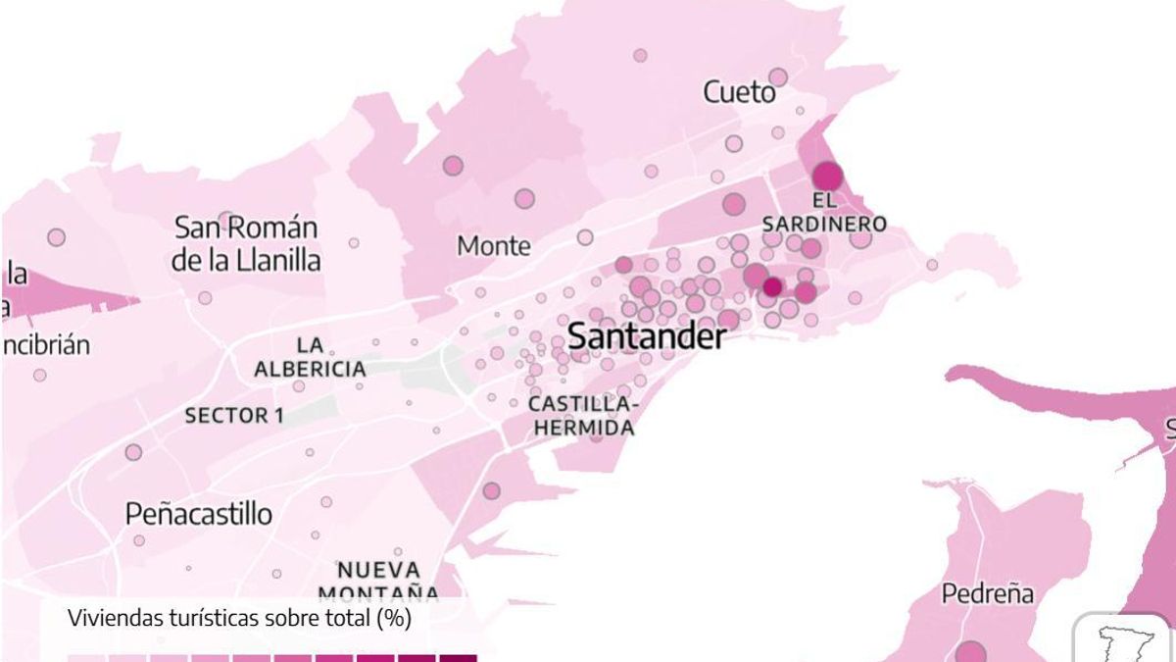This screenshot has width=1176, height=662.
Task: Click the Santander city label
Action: click(647, 336)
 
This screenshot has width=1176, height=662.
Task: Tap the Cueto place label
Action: click(739, 92)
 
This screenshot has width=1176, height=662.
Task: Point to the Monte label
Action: click(494, 245)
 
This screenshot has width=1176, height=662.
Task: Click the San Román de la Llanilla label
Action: click(246, 244)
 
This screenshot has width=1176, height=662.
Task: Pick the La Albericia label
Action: click(310, 357)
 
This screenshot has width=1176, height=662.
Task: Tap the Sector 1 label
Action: click(234, 416)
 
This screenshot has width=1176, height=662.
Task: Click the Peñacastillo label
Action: click(199, 513)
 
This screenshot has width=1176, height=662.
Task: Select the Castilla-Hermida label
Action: click(582, 416)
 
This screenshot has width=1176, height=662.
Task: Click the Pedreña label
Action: click(987, 593)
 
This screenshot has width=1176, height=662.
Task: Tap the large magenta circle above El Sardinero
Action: click(827, 177)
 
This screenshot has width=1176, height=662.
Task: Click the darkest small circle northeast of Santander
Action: click(772, 286)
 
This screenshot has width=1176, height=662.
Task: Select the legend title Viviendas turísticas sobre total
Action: click(239, 618)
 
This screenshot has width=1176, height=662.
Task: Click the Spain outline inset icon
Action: click(1124, 641)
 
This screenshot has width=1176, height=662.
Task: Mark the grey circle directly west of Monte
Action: click(453, 166)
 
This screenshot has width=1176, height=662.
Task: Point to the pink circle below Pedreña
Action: click(970, 652)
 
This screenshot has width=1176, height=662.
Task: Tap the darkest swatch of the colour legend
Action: click(458, 658)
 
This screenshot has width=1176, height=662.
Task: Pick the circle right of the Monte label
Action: click(585, 237)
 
